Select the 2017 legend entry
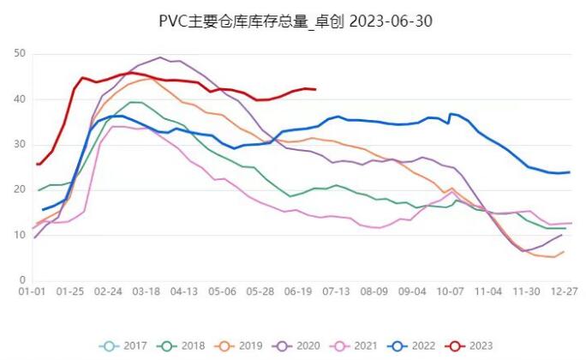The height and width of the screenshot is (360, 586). click(x=125, y=345)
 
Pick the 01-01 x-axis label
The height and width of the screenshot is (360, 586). click(x=33, y=292)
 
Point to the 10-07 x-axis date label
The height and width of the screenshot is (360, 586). click(x=451, y=292)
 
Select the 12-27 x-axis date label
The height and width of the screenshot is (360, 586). click(x=563, y=292)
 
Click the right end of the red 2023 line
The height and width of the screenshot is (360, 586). click(x=315, y=89)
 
